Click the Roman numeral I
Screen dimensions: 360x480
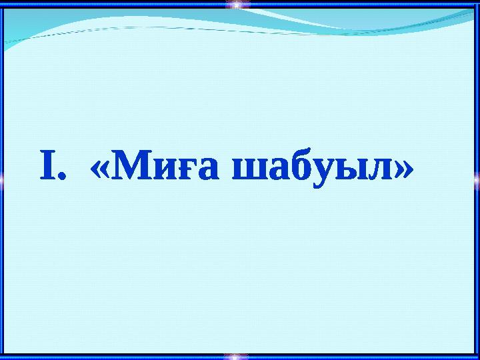pos(46,169)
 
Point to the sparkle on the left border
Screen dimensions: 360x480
pos(3,178)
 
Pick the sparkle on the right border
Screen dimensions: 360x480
pos(477,178)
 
